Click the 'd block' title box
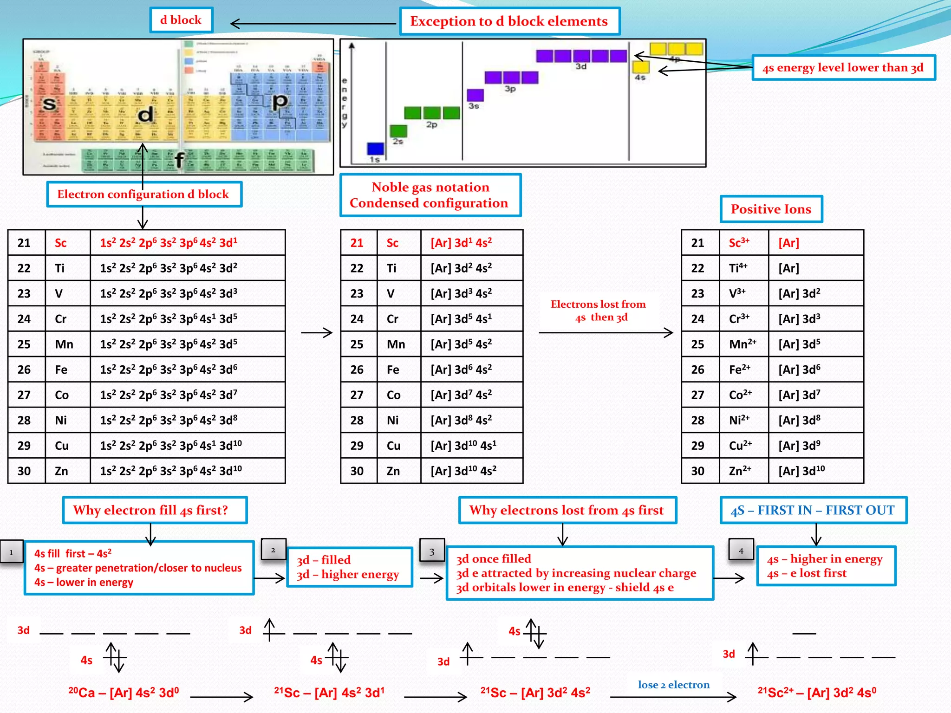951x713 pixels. coord(181,20)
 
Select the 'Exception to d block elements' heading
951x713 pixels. coord(509,21)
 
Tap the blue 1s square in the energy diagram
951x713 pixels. coord(375,149)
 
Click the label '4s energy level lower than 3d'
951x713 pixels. coord(843,68)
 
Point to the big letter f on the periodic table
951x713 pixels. coord(179,160)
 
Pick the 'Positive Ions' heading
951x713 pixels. coord(771,209)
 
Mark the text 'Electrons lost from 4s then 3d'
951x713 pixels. coord(598,311)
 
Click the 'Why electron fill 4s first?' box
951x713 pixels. coord(155,510)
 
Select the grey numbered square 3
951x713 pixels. coord(432,551)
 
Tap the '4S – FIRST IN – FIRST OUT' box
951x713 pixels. coord(813,510)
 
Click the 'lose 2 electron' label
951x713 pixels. coord(674,685)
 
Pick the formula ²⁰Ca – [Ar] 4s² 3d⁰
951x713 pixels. coord(124,693)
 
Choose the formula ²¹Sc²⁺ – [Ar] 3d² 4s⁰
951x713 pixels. coord(817,693)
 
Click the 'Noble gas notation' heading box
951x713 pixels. coord(430,195)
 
